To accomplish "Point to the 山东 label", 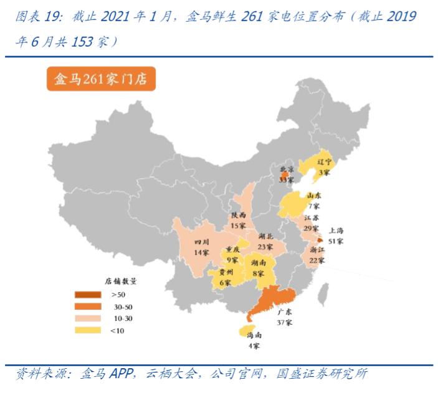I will tap(314, 196).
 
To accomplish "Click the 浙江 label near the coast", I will tap(318, 250).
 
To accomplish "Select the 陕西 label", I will tap(239, 215).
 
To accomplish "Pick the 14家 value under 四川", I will tap(201, 252).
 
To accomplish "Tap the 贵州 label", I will tap(225, 272).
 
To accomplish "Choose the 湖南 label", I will tap(260, 264).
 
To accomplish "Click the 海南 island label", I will tap(254, 335).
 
